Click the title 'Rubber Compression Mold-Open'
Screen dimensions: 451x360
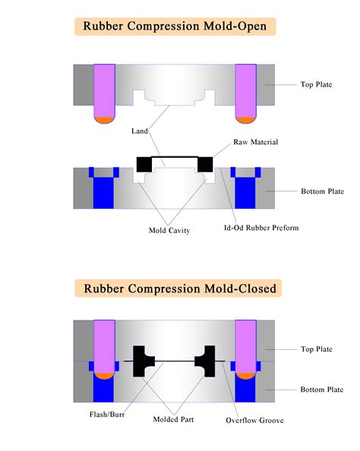coord(175,27)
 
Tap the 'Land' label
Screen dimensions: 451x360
coord(139,131)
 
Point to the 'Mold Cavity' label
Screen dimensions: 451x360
coord(168,230)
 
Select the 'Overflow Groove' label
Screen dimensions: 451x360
coord(254,420)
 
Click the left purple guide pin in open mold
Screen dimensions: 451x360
coord(103,90)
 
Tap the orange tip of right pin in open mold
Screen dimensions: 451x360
coord(245,119)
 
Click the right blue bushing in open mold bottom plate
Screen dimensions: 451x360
coord(245,190)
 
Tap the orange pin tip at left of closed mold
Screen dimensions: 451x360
coord(103,374)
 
